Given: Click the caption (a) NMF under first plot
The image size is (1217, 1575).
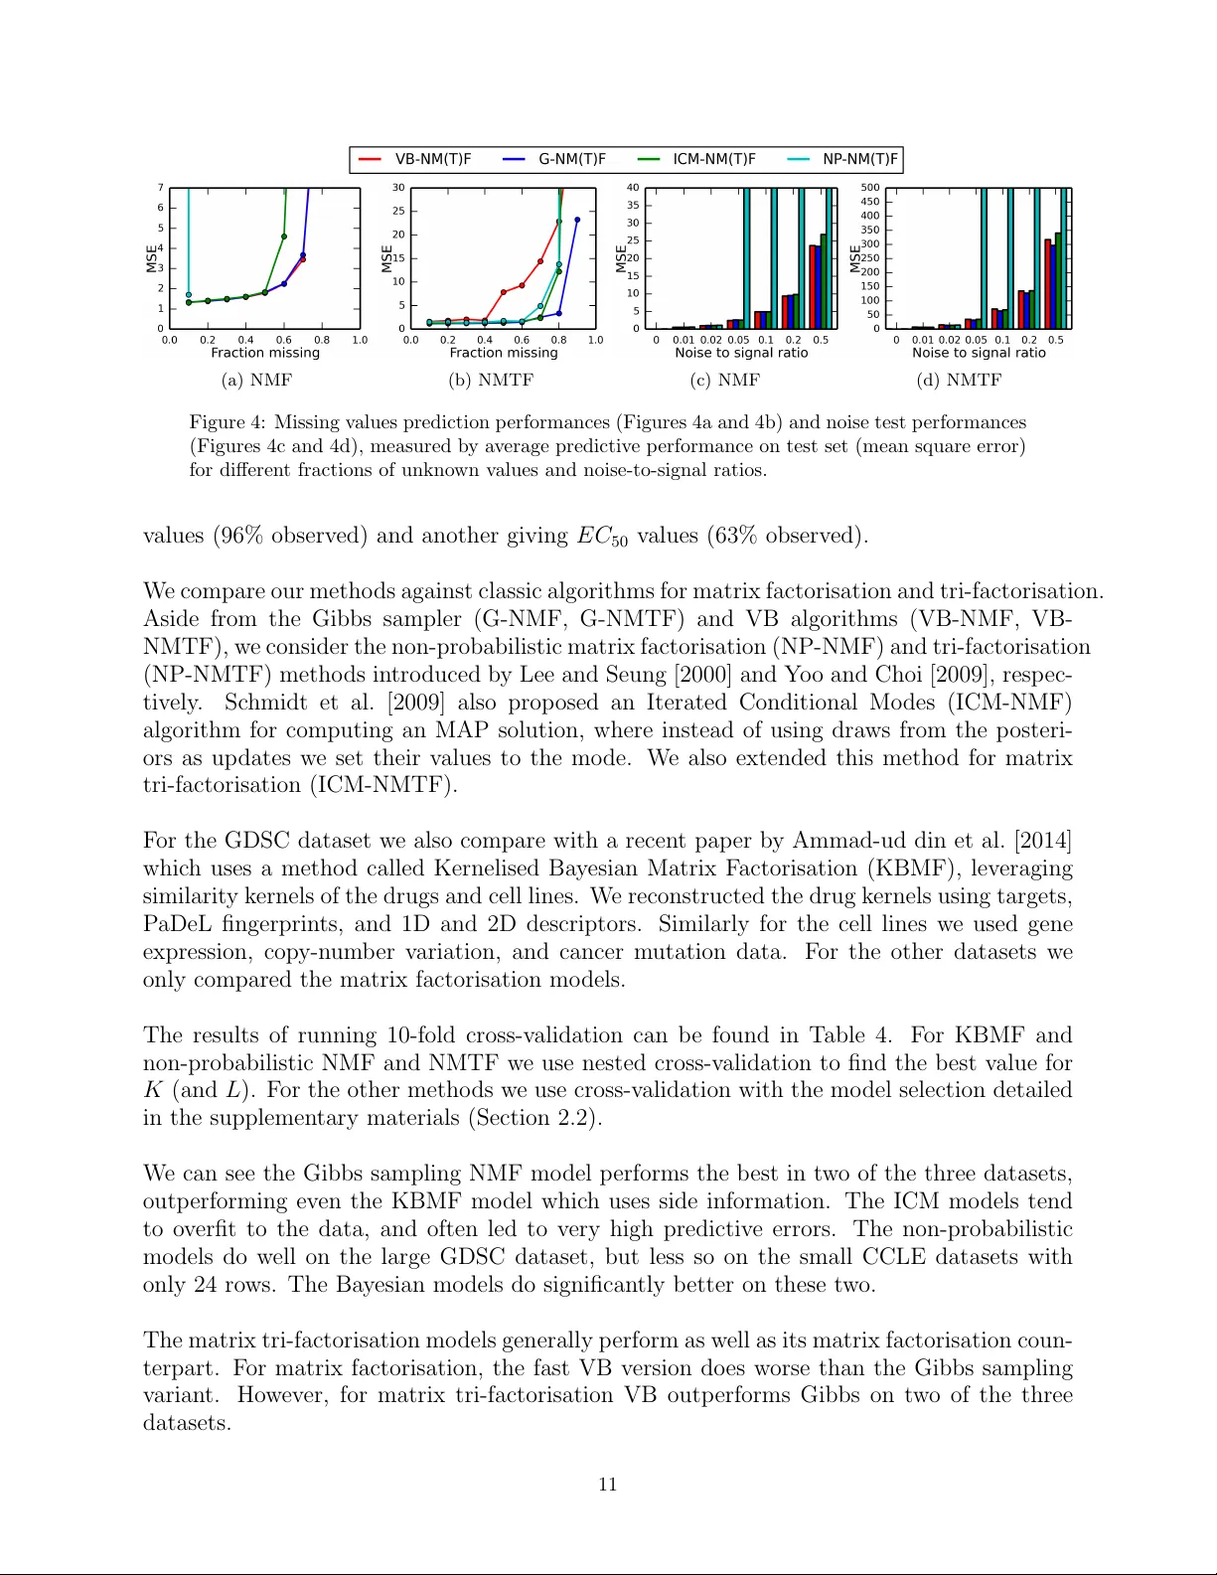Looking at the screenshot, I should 256,380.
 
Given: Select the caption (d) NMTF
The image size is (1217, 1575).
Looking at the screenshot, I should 959,380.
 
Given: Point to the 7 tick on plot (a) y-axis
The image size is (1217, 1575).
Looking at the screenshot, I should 160,188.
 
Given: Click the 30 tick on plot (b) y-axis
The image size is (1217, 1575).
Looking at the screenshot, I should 398,188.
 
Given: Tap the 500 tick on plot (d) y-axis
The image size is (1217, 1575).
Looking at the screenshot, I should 870,188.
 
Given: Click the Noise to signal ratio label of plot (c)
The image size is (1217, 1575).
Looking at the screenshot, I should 741,353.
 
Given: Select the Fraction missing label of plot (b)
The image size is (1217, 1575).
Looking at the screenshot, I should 504,353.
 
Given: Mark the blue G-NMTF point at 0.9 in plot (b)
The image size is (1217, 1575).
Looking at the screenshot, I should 577,220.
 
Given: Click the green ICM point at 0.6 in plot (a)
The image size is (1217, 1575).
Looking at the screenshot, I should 284,236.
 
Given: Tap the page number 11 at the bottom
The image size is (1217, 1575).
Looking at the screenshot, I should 608,1485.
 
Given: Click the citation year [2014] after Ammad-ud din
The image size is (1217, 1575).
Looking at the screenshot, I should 1042,841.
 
